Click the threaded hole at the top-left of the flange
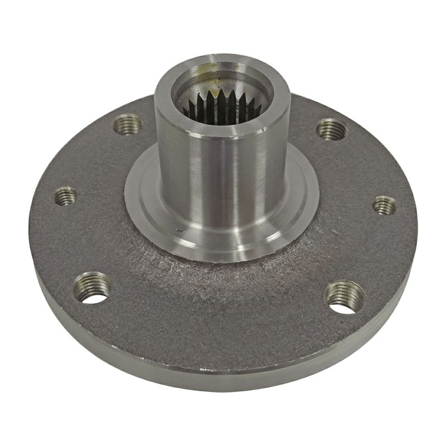pyautogui.click(x=128, y=124)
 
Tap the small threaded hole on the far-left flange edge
pyautogui.click(x=66, y=196)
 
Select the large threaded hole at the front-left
pyautogui.click(x=92, y=288)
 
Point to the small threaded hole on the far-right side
pyautogui.click(x=384, y=205)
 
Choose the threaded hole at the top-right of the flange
pyautogui.click(x=332, y=129)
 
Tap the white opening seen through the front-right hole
pyautogui.click(x=341, y=306)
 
